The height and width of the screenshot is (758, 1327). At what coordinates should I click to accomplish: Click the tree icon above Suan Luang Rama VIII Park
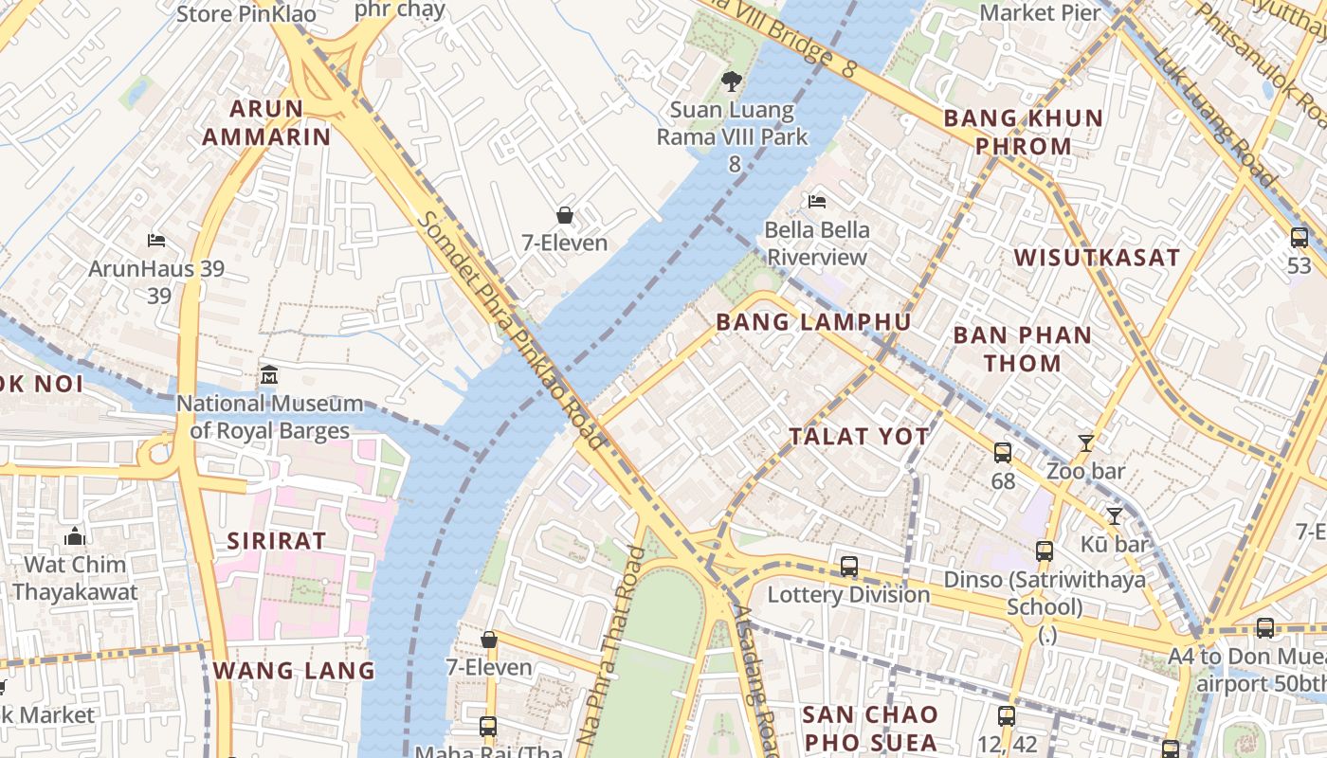coord(731,81)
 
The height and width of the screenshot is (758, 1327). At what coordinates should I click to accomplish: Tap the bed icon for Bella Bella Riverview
coord(816,201)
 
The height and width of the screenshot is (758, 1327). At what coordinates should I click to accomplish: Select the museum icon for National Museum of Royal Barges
coord(269,375)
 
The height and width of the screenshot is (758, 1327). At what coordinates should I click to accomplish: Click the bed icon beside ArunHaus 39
coord(156,241)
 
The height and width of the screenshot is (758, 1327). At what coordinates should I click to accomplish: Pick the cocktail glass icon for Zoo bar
coord(1085,442)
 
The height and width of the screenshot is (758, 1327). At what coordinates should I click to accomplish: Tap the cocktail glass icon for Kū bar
coord(1115,515)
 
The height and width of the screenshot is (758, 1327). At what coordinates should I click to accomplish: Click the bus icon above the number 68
coord(1002,453)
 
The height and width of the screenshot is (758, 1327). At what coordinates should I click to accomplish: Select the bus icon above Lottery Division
coord(848,567)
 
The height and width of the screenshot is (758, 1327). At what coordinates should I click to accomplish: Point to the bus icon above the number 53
coord(1299,238)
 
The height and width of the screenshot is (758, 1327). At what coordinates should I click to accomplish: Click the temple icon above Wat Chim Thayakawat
coord(75,537)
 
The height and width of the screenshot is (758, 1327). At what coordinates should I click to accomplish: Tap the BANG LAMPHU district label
coord(813,322)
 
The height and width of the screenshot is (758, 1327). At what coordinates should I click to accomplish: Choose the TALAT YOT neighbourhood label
coord(860,437)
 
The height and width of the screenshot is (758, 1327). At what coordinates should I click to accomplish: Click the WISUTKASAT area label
coord(1097,258)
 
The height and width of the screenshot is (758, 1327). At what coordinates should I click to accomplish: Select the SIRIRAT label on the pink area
coord(277,541)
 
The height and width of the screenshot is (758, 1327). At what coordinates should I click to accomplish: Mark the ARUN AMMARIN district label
coord(266,122)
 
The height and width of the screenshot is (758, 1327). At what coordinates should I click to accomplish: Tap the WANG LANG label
coord(294,671)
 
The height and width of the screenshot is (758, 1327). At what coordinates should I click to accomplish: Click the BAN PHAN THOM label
coord(1022,349)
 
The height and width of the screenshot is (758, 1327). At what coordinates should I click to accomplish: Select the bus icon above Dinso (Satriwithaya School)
coord(1044,550)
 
